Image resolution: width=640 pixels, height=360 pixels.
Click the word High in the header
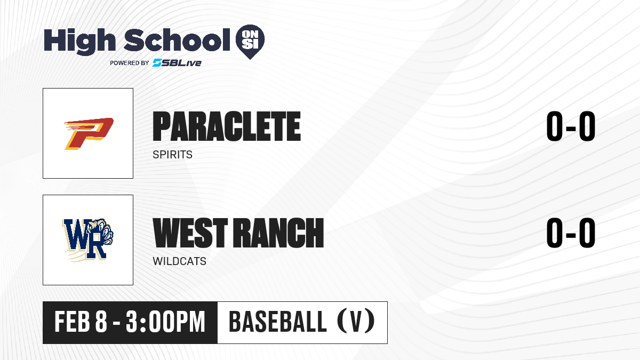[80, 42]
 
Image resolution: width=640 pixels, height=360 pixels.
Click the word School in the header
[177, 40]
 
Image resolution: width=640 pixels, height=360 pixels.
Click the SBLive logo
[177, 63]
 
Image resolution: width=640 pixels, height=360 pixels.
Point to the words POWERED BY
[130, 63]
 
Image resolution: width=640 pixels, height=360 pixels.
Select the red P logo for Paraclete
[89, 133]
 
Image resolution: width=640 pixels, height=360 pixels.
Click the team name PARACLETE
[227, 126]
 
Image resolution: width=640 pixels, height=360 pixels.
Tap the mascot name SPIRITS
[173, 155]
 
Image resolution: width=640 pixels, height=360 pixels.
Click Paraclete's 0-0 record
[571, 126]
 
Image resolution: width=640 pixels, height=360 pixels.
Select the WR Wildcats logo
[87, 239]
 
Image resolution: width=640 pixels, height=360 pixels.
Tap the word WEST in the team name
[190, 233]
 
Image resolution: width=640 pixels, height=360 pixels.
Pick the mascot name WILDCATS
[179, 261]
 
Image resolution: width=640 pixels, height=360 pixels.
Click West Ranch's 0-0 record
[571, 233]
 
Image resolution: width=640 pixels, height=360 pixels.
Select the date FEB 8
[81, 322]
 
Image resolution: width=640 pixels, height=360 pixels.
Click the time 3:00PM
[165, 322]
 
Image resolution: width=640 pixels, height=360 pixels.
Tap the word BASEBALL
[278, 322]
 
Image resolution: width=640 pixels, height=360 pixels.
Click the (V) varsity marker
[356, 321]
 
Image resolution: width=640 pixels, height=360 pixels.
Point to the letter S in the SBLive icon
[157, 63]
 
